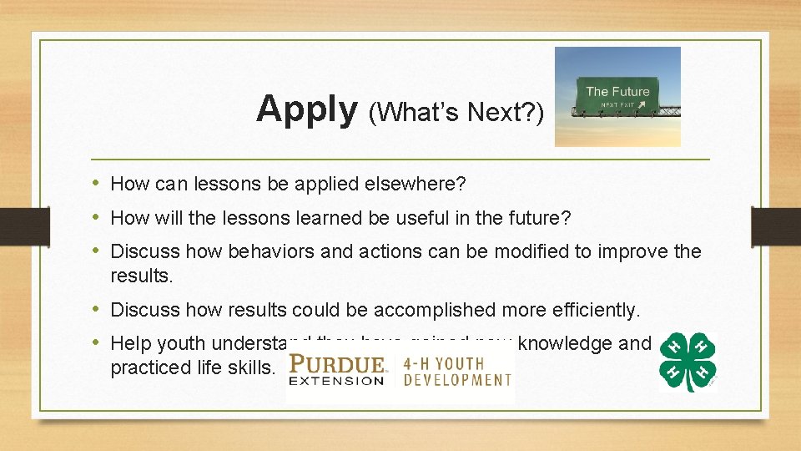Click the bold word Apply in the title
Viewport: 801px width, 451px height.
(306, 109)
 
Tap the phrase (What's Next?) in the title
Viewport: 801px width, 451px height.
(456, 112)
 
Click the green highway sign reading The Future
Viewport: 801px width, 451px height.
(617, 95)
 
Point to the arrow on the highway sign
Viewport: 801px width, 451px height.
(642, 105)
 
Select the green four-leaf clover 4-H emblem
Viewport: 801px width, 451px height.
(687, 362)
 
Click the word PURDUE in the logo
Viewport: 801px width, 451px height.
(338, 365)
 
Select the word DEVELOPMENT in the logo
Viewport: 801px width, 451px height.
(457, 381)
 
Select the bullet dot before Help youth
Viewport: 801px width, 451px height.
(98, 342)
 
